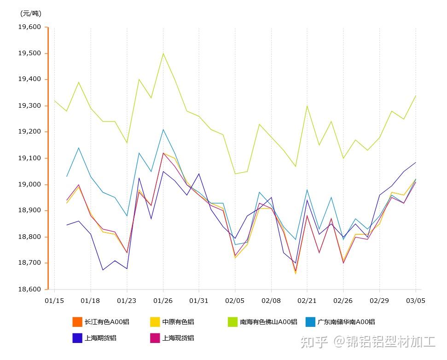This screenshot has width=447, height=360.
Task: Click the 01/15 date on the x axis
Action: (x=54, y=301)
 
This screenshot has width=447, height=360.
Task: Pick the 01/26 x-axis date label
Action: (x=163, y=301)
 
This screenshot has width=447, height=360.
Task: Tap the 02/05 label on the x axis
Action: (x=235, y=301)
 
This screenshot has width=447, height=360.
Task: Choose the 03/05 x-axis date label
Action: (x=416, y=301)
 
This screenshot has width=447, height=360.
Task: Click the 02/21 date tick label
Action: (x=307, y=301)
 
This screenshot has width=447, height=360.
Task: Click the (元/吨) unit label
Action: (x=31, y=13)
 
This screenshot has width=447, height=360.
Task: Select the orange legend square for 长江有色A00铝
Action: (x=77, y=322)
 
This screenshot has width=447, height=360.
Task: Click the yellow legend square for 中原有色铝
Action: (x=155, y=322)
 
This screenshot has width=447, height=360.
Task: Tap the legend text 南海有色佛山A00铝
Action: (x=268, y=322)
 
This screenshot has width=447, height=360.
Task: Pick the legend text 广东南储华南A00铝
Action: (x=346, y=322)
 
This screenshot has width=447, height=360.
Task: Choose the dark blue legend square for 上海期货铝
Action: (x=77, y=338)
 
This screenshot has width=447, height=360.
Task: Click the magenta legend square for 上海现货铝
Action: (x=155, y=338)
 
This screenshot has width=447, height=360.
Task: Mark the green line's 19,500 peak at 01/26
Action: (x=163, y=53)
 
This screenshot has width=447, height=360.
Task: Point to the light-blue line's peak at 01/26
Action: (x=163, y=129)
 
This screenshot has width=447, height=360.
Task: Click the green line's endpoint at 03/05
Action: (x=416, y=96)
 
